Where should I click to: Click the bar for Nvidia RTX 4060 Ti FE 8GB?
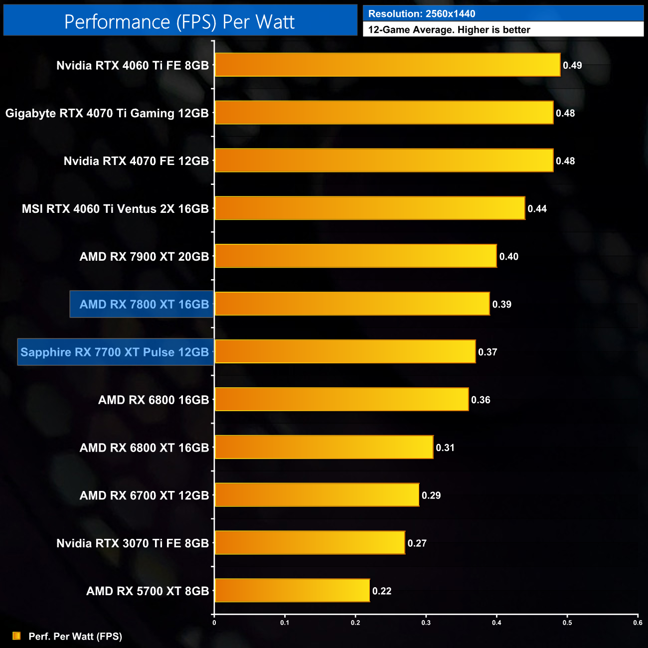pyautogui.click(x=387, y=65)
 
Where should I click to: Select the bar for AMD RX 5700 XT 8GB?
pyautogui.click(x=292, y=591)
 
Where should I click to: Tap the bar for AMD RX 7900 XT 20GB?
pyautogui.click(x=355, y=256)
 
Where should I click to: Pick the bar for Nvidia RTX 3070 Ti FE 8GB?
pyautogui.click(x=310, y=543)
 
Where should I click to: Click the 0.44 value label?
pyautogui.click(x=537, y=209)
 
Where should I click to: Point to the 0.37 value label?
pyautogui.click(x=487, y=352)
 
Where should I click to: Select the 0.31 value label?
pyautogui.click(x=445, y=448)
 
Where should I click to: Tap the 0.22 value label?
pyautogui.click(x=382, y=591)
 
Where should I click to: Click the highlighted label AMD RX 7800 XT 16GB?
pyautogui.click(x=144, y=304)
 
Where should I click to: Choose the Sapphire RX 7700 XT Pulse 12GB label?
pyautogui.click(x=115, y=352)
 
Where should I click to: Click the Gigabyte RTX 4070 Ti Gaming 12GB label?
pyautogui.click(x=107, y=113)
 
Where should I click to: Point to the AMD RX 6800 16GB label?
pyautogui.click(x=154, y=400)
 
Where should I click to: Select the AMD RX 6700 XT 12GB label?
pyautogui.click(x=144, y=495)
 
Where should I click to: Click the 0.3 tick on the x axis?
pyautogui.click(x=426, y=623)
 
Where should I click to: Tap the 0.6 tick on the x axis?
pyautogui.click(x=638, y=623)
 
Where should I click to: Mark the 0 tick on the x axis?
pyautogui.click(x=214, y=623)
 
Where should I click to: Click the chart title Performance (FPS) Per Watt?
pyautogui.click(x=179, y=21)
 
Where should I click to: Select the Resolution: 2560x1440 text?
pyautogui.click(x=422, y=14)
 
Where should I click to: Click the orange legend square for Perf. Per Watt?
pyautogui.click(x=16, y=636)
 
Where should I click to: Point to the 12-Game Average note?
pyautogui.click(x=449, y=30)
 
